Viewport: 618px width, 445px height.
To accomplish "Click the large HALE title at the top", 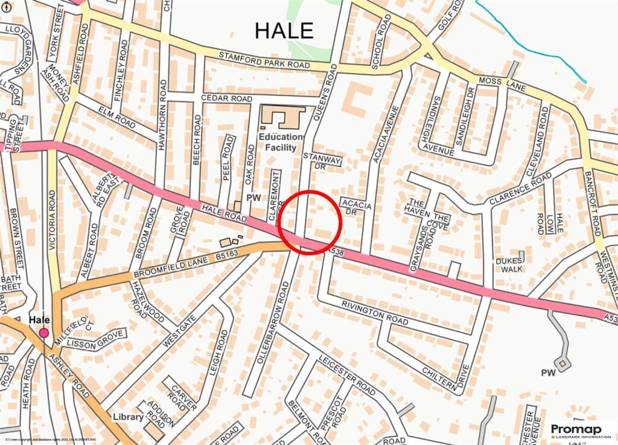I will tap(284, 30).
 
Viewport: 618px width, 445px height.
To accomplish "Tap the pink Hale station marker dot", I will tap(43, 333).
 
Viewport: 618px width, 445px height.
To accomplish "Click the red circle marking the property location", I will tap(311, 222).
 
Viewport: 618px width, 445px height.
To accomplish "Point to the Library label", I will tap(128, 417).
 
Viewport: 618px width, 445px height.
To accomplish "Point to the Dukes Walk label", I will tap(508, 266).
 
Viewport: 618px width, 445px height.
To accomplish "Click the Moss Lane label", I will tap(502, 84).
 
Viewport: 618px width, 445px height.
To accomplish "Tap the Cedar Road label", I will tap(209, 98).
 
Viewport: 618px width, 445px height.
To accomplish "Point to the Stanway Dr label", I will tap(322, 161).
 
